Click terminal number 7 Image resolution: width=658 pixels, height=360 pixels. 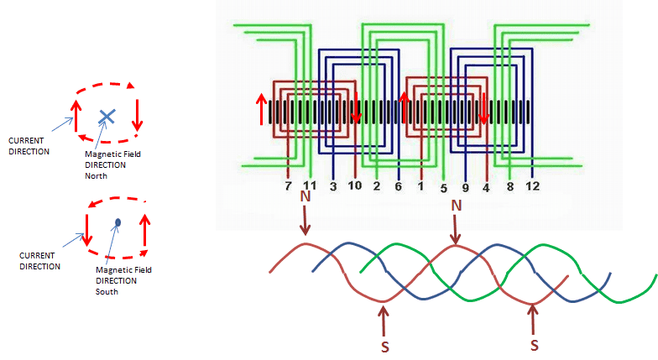click(288, 185)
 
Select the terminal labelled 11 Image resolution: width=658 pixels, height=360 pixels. click(309, 185)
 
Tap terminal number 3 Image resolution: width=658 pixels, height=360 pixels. click(332, 185)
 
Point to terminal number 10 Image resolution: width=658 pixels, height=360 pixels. click(354, 185)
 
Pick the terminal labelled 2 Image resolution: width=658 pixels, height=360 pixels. click(377, 185)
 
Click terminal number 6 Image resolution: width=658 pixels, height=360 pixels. click(398, 185)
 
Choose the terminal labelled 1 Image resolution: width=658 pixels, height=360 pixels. click(420, 185)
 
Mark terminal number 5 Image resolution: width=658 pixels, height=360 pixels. click(442, 185)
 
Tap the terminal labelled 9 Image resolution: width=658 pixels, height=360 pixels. click(464, 185)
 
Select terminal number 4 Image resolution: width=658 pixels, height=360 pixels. click(485, 185)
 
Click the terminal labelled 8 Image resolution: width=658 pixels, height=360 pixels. click(509, 185)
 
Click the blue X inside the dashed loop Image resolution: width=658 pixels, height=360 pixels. click(107, 116)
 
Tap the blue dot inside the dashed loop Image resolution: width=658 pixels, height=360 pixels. click(118, 222)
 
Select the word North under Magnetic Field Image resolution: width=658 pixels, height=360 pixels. click(99, 175)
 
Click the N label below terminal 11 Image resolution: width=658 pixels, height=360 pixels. click(305, 197)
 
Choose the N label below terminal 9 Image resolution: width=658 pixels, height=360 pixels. click(457, 206)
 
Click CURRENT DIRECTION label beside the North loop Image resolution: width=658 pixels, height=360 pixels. click(29, 145)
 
